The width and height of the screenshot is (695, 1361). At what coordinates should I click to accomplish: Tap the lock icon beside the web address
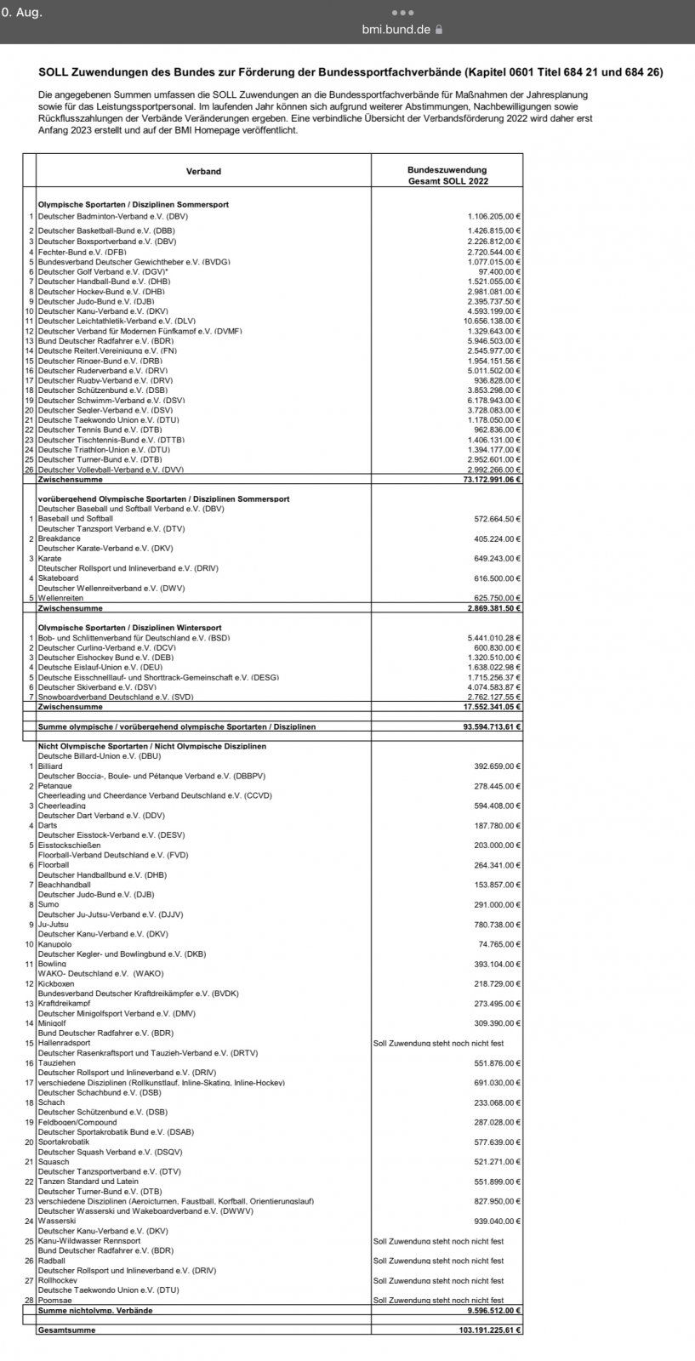click(x=439, y=29)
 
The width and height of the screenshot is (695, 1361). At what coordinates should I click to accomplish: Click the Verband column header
click(x=203, y=172)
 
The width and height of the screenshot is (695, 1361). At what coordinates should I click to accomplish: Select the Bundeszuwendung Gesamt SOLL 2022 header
click(x=447, y=176)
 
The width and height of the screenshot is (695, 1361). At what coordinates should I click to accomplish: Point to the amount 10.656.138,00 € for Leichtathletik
click(x=492, y=321)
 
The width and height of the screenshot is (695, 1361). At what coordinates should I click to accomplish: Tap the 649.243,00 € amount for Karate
click(x=497, y=559)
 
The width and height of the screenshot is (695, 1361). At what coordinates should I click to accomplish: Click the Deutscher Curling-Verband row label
click(x=106, y=647)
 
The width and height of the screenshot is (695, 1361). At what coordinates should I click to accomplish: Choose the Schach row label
click(x=51, y=1102)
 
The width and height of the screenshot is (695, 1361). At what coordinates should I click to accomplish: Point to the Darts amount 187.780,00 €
click(x=497, y=825)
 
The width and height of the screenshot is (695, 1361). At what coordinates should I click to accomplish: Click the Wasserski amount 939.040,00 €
click(x=497, y=1221)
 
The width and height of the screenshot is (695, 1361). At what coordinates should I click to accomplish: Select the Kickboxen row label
click(x=57, y=983)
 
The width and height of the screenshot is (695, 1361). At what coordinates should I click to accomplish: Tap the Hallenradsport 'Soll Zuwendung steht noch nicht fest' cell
click(x=438, y=1043)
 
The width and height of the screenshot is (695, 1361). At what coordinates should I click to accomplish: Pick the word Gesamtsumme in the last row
click(x=66, y=1330)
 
